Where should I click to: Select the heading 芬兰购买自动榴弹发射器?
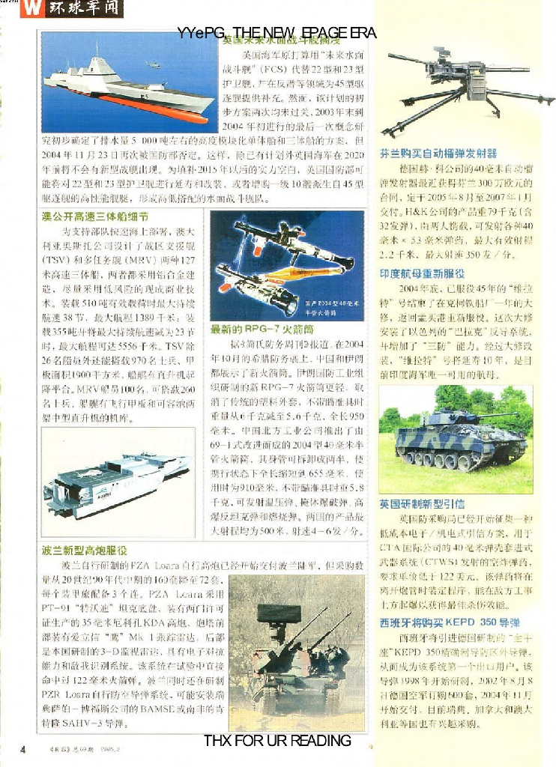(438, 153)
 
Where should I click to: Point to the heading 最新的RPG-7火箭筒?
(262, 329)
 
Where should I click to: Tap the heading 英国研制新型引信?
(422, 504)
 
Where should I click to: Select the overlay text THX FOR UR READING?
(277, 741)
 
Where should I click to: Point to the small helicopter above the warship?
(154, 64)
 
